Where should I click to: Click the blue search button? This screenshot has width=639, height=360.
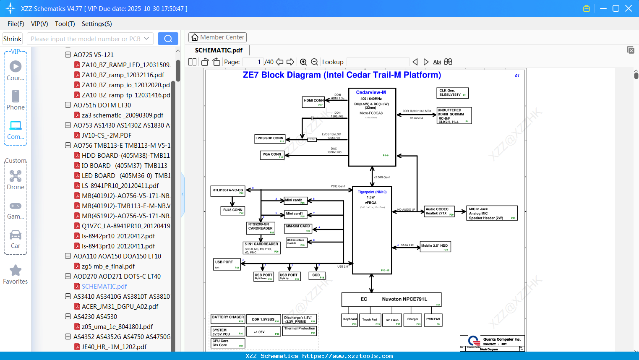168,39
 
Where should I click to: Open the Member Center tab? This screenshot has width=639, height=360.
217,37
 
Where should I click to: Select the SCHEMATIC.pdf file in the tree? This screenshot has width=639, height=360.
104,286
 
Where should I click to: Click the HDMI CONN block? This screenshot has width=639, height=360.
314,102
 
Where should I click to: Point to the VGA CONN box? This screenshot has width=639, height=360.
272,155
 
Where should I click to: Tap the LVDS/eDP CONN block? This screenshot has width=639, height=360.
270,139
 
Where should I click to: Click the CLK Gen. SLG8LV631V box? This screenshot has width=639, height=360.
452,93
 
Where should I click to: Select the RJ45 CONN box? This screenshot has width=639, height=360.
233,211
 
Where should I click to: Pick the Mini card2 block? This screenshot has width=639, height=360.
295,201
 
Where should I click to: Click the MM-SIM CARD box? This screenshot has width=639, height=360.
298,228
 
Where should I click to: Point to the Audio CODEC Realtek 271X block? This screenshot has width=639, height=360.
439,211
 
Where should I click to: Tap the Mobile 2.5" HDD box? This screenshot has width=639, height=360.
435,246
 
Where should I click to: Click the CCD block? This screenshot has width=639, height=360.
317,276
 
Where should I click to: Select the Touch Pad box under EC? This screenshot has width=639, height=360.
370,320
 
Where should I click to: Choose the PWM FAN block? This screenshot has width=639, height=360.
433,320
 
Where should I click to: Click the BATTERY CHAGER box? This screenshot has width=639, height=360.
227,319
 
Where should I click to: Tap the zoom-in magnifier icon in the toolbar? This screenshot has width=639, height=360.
303,62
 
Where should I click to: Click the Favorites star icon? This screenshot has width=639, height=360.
16,271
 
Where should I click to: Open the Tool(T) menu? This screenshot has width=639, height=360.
65,24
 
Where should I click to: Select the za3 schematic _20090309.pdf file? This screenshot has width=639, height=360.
123,115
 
